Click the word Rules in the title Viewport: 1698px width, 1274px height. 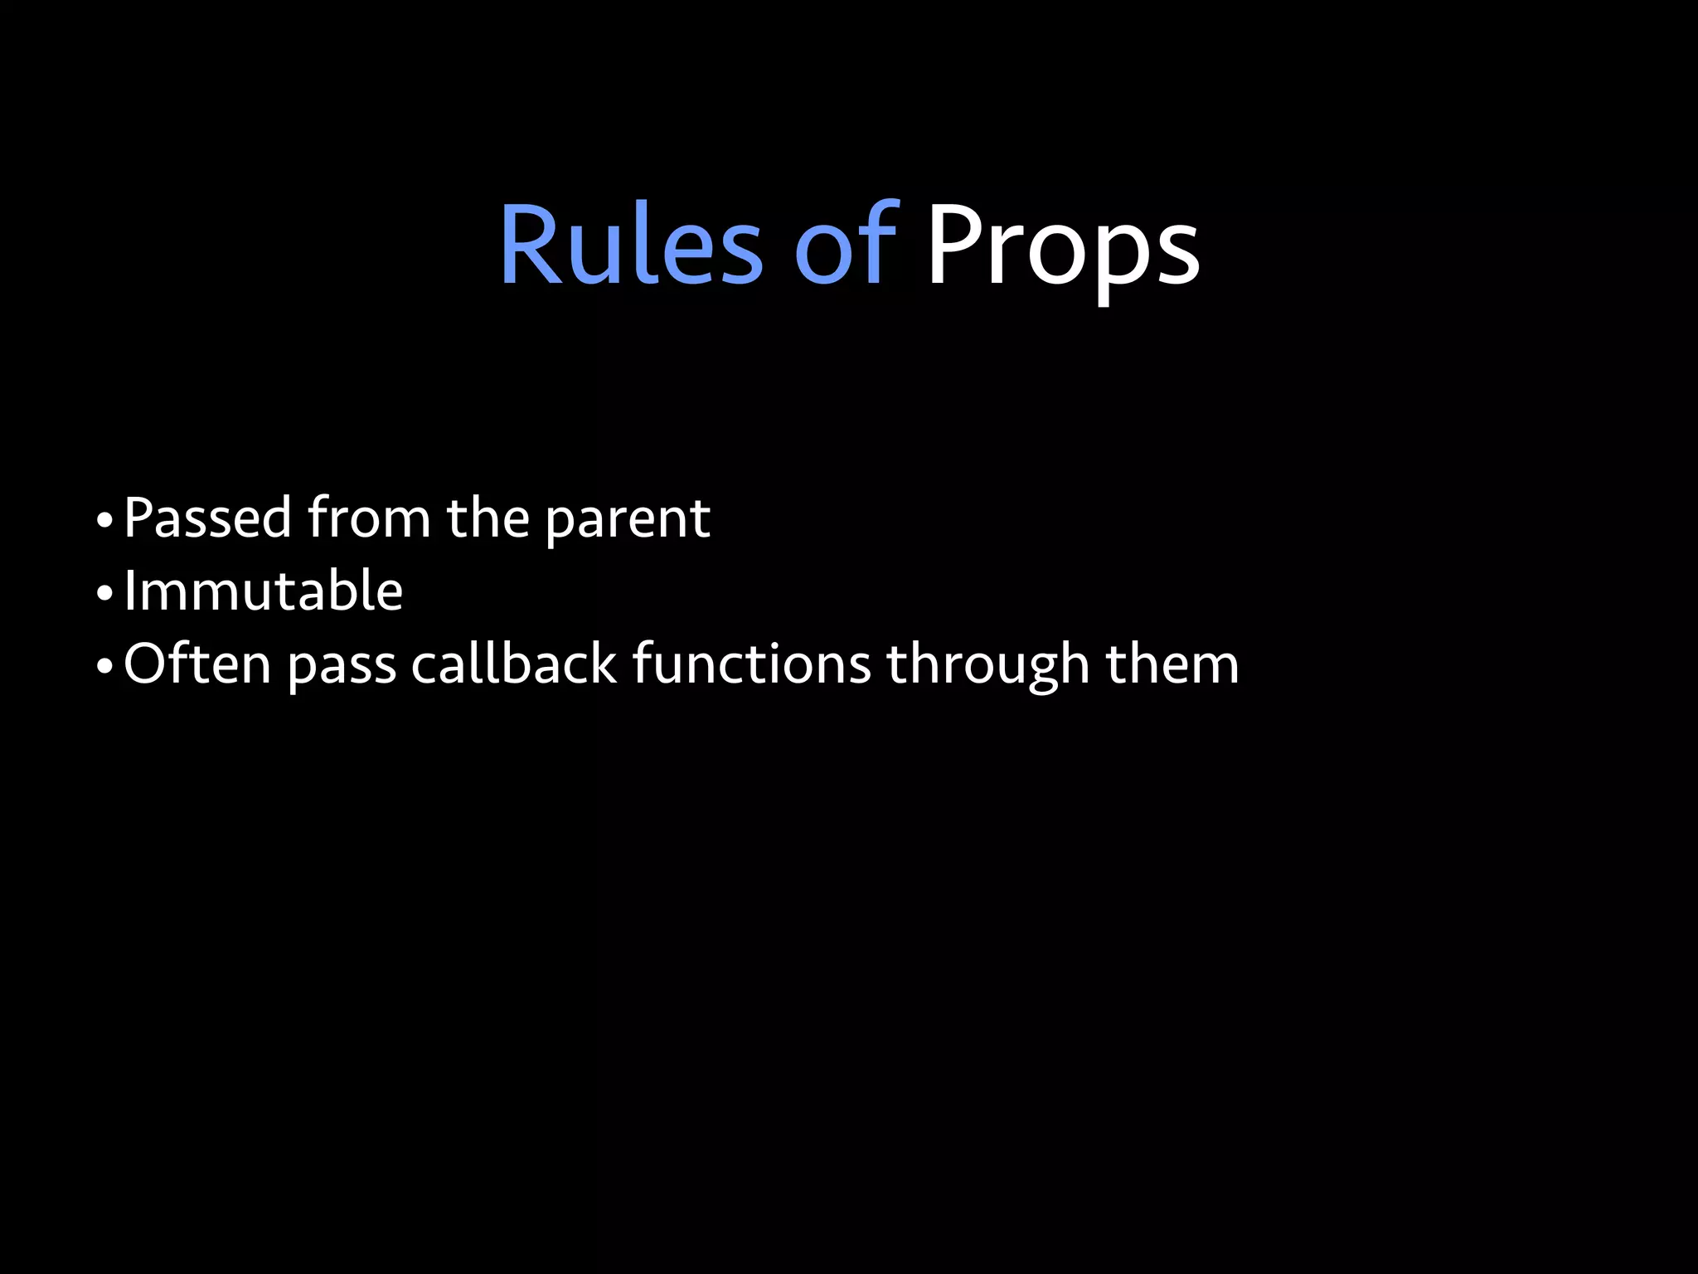pyautogui.click(x=630, y=247)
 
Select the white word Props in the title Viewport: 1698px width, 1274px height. pyautogui.click(x=1062, y=247)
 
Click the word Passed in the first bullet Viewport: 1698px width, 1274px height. pyautogui.click(x=207, y=518)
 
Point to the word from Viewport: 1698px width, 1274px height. pyautogui.click(x=369, y=518)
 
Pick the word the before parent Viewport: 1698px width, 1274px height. pyautogui.click(x=488, y=518)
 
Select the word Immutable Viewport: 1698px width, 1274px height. pyautogui.click(x=264, y=591)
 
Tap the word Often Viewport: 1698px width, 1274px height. pyautogui.click(x=197, y=664)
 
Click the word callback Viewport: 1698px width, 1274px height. pyautogui.click(x=514, y=664)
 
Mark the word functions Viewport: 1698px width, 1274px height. pyautogui.click(x=751, y=664)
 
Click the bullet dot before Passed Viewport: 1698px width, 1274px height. pyautogui.click(x=104, y=523)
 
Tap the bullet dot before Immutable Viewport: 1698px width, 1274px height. pyautogui.click(x=104, y=595)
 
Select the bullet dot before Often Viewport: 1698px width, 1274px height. pyautogui.click(x=104, y=667)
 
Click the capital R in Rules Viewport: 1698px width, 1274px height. pyautogui.click(x=527, y=247)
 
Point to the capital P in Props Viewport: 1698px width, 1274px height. pyautogui.click(x=953, y=247)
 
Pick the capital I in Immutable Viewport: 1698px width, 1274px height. pyautogui.click(x=129, y=591)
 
